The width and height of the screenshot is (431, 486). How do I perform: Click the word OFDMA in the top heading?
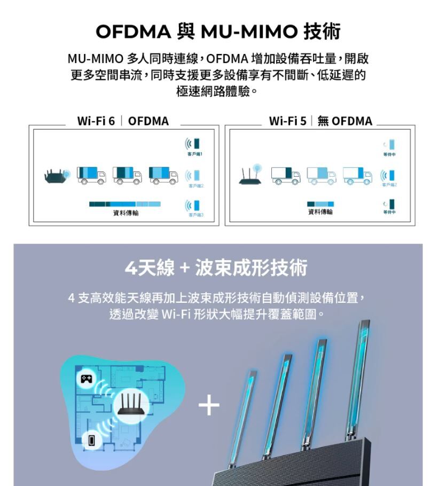pyautogui.click(x=132, y=32)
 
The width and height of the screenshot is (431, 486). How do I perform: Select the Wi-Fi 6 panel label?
pyautogui.click(x=96, y=121)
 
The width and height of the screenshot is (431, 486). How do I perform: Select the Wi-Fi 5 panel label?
pyautogui.click(x=288, y=121)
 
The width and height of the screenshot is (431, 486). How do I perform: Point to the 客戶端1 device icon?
pyautogui.click(x=197, y=144)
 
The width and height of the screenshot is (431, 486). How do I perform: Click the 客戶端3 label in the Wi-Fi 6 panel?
pyautogui.click(x=196, y=215)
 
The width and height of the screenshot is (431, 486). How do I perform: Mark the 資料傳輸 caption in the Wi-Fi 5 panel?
pyautogui.click(x=320, y=212)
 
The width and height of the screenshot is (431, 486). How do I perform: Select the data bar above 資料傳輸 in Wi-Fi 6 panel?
pyautogui.click(x=124, y=204)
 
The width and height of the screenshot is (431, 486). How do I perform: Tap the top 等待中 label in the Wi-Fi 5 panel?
pyautogui.click(x=389, y=154)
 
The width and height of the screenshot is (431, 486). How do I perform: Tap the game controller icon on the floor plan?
pyautogui.click(x=86, y=379)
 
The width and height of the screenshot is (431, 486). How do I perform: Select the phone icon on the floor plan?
pyautogui.click(x=92, y=441)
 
